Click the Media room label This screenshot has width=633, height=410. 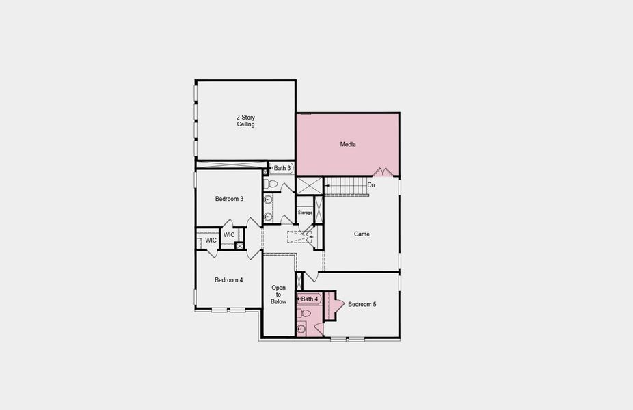coord(348,144)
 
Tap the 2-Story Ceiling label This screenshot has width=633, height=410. coord(245,121)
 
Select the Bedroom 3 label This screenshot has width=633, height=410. coord(229,199)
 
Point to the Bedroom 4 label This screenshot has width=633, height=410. coord(228,279)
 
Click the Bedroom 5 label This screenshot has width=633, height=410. coord(362,304)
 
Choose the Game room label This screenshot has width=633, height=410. coord(362,234)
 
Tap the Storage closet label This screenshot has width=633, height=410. coord(305,213)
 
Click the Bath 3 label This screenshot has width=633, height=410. coord(282,168)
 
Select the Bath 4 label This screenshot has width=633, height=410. coord(310,299)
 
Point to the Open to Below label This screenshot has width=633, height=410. coord(278,295)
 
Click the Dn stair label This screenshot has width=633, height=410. coord(371,185)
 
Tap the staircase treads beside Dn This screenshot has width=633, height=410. coord(345,186)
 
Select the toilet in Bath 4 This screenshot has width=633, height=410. coord(305,313)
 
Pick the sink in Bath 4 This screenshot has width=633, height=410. coord(302,329)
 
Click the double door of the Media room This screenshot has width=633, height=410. coord(383,172)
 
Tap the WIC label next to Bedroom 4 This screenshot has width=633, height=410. coord(211,241)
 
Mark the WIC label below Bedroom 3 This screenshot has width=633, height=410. coord(229,235)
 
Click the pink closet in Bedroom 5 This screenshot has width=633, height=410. coord(329,305)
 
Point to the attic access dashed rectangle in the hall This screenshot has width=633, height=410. coord(299,237)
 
